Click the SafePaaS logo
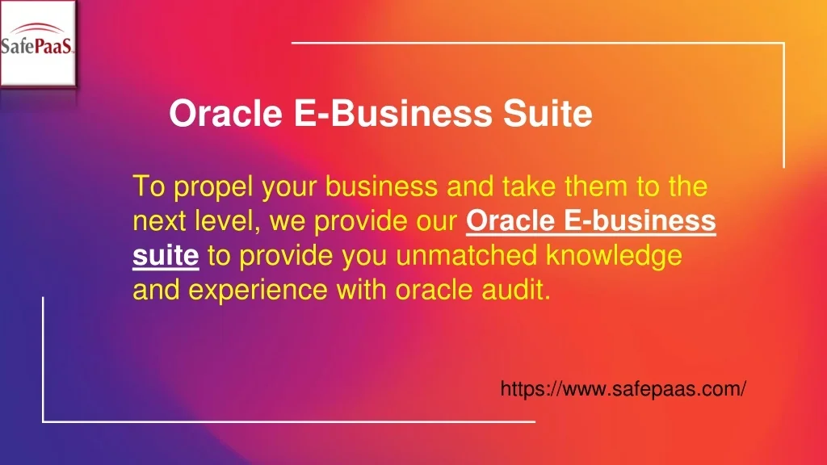tap(38, 44)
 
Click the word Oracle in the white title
tap(226, 113)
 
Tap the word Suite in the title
tap(548, 113)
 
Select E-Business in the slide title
tap(393, 113)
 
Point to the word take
tap(528, 186)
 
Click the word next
tap(159, 221)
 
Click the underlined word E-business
tap(640, 221)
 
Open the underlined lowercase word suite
tap(166, 256)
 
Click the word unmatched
tap(466, 255)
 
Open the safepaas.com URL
tap(623, 389)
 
